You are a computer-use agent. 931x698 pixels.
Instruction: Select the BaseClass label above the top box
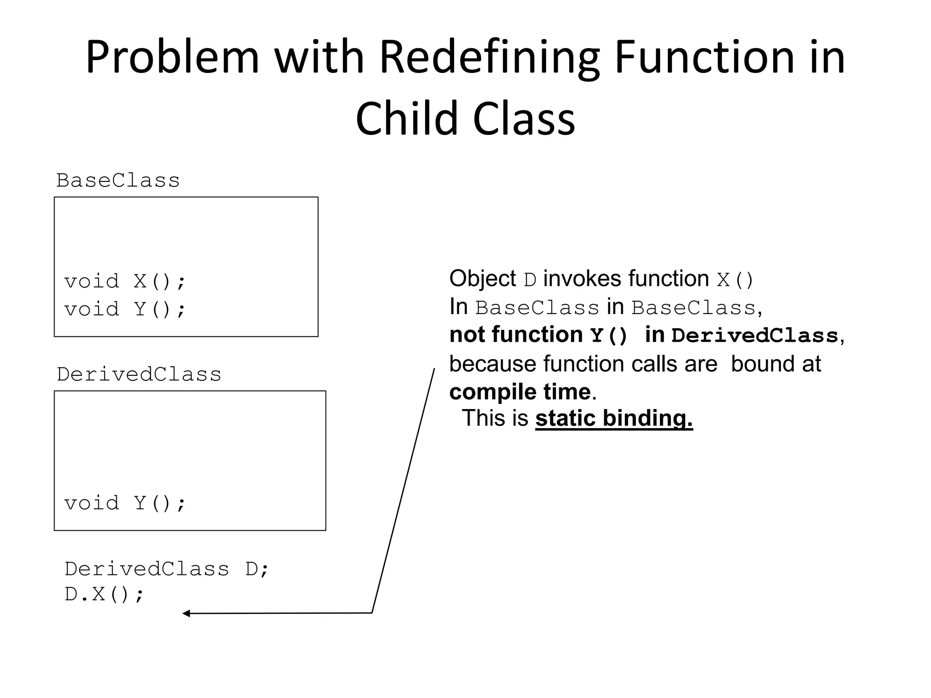click(118, 180)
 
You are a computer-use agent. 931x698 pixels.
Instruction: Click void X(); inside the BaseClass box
click(125, 281)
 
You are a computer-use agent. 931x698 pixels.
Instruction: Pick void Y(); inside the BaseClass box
click(125, 309)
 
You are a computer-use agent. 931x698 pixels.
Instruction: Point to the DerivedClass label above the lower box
click(139, 374)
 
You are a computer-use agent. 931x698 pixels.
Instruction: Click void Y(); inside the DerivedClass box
click(125, 503)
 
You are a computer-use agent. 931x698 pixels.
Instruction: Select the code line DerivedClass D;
click(167, 569)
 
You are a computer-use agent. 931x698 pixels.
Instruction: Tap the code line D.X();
click(104, 594)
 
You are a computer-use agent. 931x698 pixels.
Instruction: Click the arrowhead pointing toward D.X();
click(186, 613)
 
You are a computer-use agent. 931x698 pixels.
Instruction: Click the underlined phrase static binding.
click(614, 418)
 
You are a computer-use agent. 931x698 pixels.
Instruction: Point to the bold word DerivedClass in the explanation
click(755, 336)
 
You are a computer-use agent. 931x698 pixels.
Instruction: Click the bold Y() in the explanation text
click(608, 336)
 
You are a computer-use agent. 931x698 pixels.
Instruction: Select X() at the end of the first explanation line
click(735, 280)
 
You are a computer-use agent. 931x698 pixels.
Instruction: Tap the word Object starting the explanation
click(482, 279)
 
